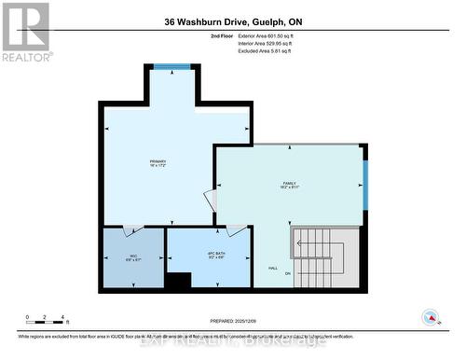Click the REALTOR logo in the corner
point(25,31)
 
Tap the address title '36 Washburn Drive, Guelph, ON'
point(232,22)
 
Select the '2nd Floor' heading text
point(222,36)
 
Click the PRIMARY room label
point(158,163)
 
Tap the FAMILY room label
point(290,185)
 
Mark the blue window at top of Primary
point(171,67)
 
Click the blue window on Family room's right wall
point(365,184)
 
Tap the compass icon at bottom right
point(432,317)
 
